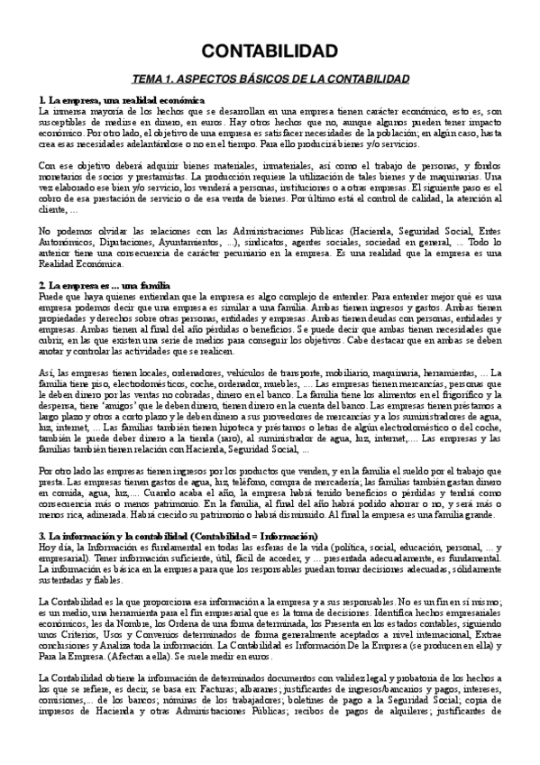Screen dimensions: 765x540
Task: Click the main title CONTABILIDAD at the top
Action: [270, 50]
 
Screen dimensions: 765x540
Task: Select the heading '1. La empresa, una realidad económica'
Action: [122, 98]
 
